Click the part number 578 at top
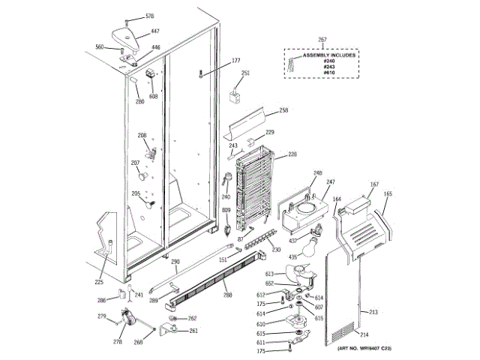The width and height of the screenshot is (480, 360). click(x=149, y=16)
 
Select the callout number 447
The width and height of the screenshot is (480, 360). click(x=155, y=31)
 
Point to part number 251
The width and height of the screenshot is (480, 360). click(x=245, y=73)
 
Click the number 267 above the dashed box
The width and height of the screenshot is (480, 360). click(x=322, y=39)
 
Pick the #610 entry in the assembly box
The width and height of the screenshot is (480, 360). click(x=328, y=73)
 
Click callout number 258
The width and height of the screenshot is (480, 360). click(x=283, y=110)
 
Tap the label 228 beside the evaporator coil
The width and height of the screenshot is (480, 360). click(x=292, y=154)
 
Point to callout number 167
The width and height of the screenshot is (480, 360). click(x=374, y=184)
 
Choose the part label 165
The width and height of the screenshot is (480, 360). click(x=388, y=193)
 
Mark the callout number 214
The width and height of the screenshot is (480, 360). click(x=365, y=334)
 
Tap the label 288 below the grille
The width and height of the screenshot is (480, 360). click(x=227, y=295)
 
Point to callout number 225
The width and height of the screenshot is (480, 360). click(x=99, y=282)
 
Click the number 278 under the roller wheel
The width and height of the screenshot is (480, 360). click(x=118, y=342)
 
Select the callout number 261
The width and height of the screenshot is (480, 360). click(x=193, y=331)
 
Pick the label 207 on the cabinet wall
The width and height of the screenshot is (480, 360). click(x=136, y=163)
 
